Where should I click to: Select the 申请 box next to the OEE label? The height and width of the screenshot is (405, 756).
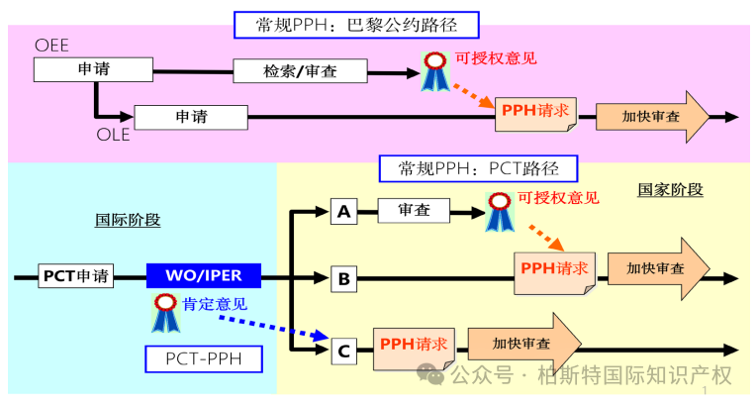[95, 69]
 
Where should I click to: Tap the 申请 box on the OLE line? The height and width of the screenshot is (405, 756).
[190, 117]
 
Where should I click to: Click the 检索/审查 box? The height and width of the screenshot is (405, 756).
[300, 70]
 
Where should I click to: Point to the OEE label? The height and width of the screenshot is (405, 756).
[51, 47]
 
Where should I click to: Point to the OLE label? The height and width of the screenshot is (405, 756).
[113, 136]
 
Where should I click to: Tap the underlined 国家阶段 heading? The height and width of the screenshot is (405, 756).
[670, 189]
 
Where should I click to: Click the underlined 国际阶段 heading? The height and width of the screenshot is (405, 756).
[128, 220]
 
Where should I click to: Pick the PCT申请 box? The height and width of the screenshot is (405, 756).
[77, 275]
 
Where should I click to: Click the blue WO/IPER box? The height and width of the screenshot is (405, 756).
[202, 275]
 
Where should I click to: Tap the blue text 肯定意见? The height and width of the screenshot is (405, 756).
[215, 304]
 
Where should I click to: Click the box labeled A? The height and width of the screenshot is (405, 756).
[343, 211]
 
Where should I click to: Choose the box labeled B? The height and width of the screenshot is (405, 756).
[343, 278]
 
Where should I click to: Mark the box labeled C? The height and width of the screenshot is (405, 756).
[343, 349]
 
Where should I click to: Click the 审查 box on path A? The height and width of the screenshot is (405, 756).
[413, 210]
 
